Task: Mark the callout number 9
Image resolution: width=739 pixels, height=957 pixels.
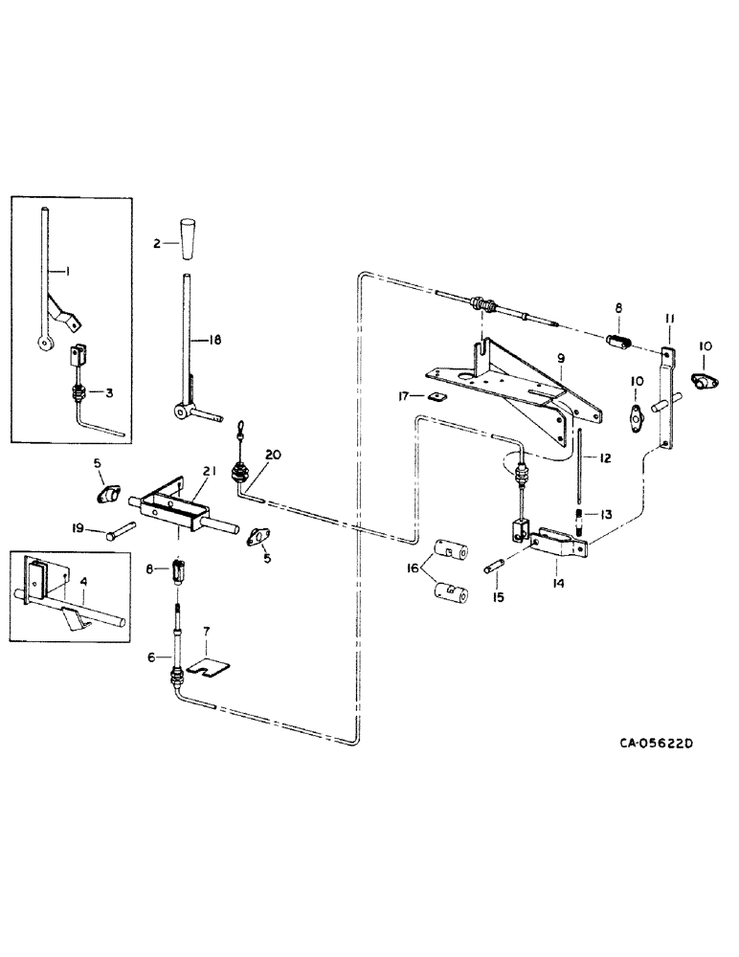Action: pyautogui.click(x=562, y=359)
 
